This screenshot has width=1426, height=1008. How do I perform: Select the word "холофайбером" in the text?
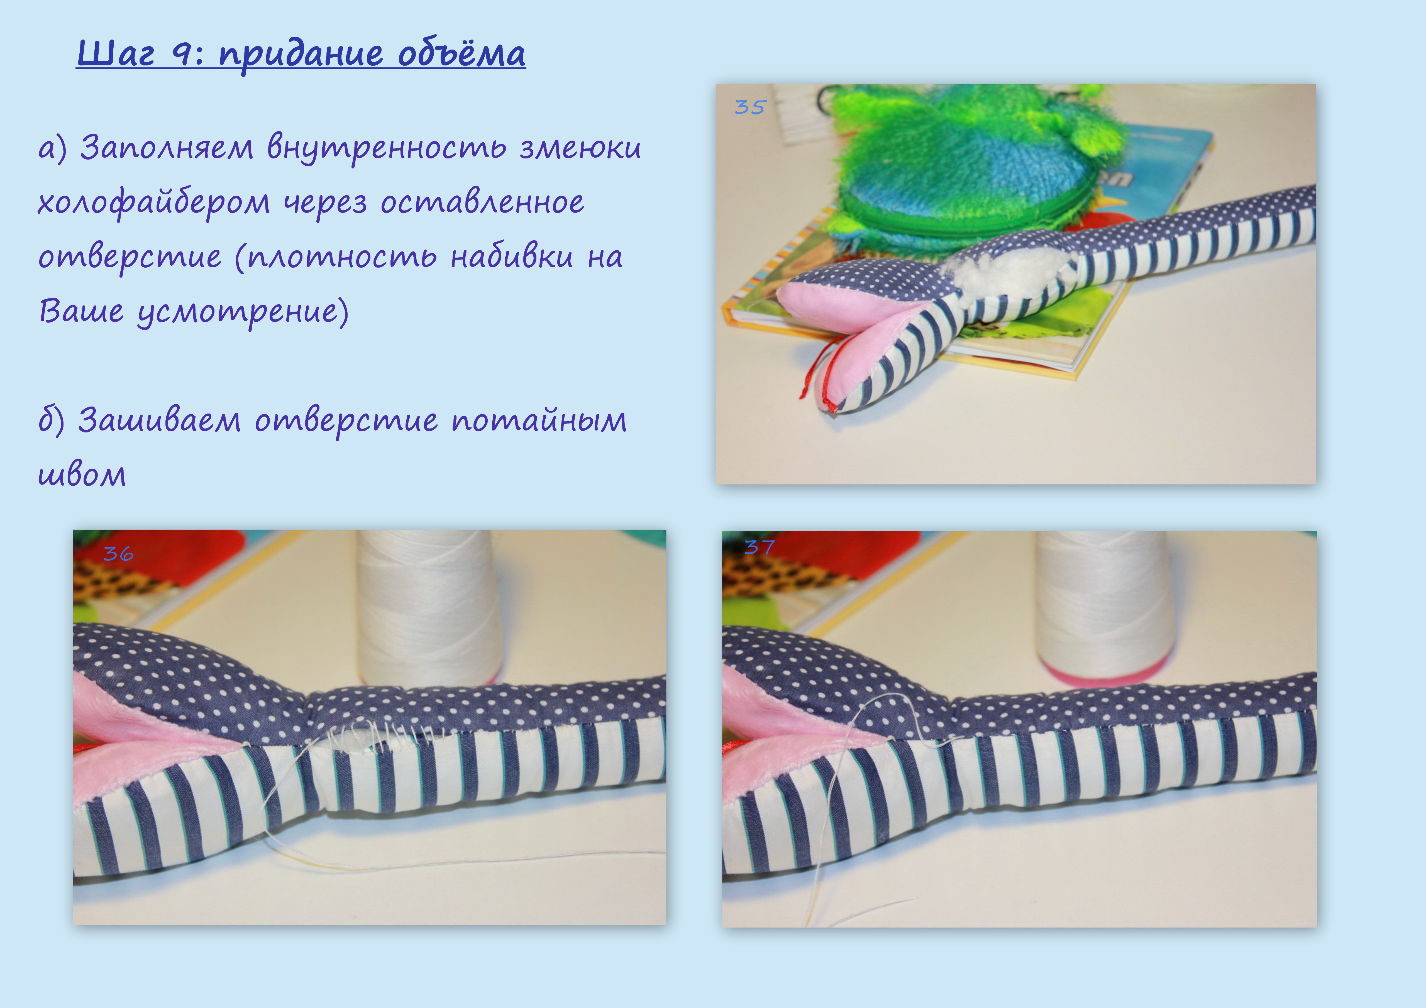[x=153, y=202]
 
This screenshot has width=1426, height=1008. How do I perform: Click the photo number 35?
[x=750, y=107]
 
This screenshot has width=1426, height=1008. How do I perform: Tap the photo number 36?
[x=118, y=553]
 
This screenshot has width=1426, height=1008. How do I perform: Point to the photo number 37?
[x=759, y=547]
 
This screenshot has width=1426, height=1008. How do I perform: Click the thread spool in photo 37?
[x=1105, y=606]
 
